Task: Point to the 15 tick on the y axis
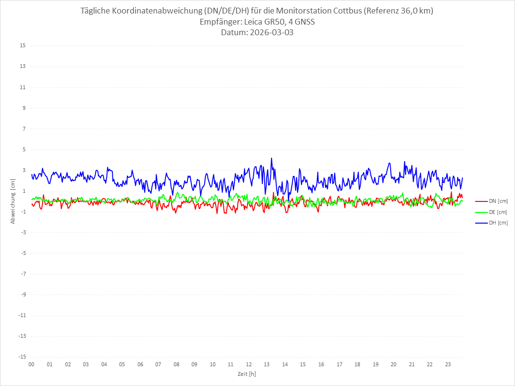click(x=23, y=46)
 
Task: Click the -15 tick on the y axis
click(x=22, y=357)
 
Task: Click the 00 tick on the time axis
click(x=31, y=364)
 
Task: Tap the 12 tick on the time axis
click(x=249, y=364)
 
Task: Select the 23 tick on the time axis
click(x=448, y=364)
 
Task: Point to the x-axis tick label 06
click(x=140, y=364)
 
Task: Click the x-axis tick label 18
click(x=357, y=364)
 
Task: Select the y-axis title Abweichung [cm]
click(x=13, y=201)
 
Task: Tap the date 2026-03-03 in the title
click(x=271, y=33)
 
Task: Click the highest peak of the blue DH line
click(x=271, y=158)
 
